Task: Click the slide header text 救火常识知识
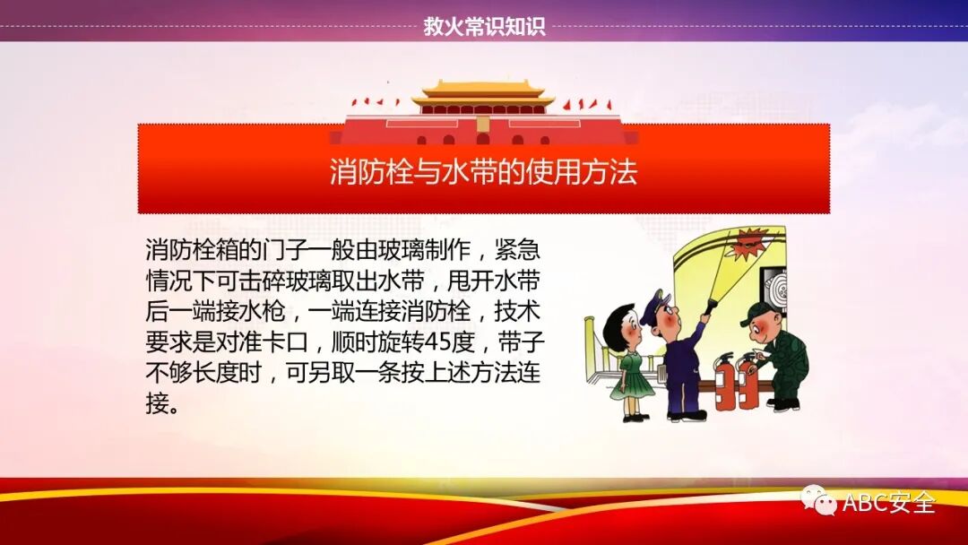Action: point(484,27)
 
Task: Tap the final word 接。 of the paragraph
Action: point(162,404)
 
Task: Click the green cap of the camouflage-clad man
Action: point(758,313)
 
